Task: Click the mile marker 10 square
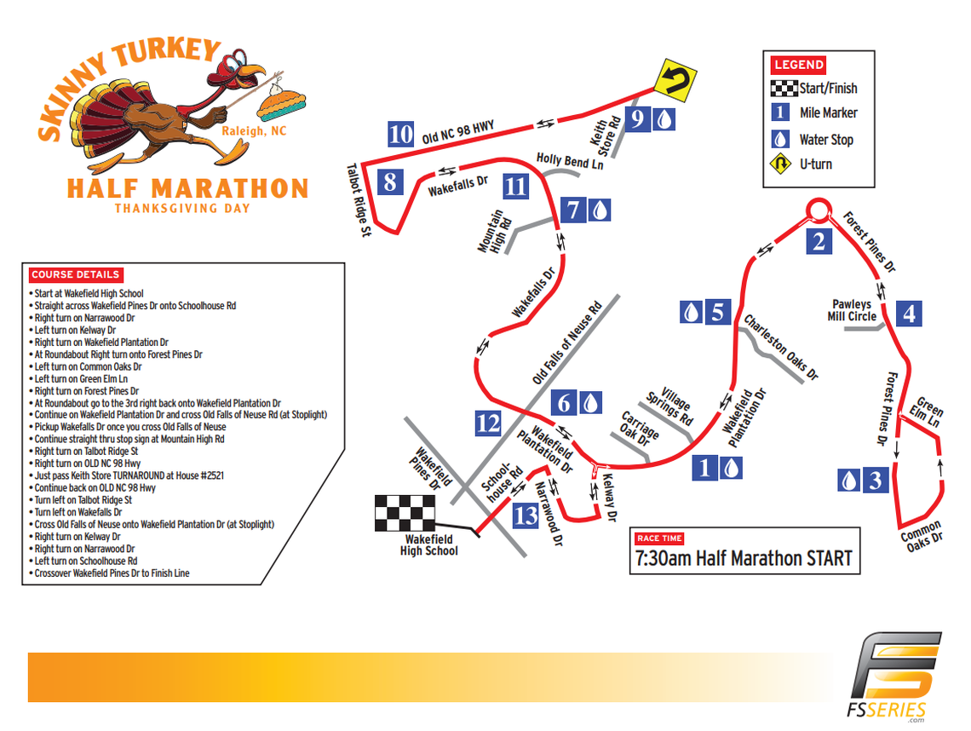(400, 135)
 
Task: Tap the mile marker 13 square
(526, 515)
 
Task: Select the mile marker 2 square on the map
(819, 241)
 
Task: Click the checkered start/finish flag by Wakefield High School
(404, 513)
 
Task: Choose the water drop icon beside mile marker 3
(849, 481)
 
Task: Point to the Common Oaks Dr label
(922, 532)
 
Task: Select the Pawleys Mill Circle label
(851, 310)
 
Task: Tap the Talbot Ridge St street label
(362, 201)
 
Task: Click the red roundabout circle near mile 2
(819, 208)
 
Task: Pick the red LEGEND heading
(798, 65)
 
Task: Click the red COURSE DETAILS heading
(75, 275)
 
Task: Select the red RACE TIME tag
(659, 538)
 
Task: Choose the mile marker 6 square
(565, 401)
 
